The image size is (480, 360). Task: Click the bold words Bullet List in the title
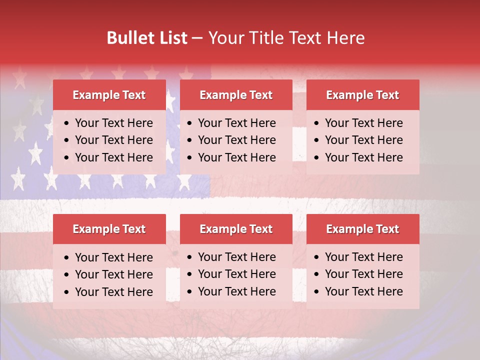click(147, 38)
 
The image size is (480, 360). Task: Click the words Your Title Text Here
click(286, 38)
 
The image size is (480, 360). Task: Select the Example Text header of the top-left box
click(109, 95)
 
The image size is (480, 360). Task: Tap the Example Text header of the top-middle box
click(236, 95)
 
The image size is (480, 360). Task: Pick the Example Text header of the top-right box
click(362, 95)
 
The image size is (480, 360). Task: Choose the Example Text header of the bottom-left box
click(109, 229)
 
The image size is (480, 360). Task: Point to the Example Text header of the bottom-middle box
click(236, 229)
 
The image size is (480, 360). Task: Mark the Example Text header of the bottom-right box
click(362, 229)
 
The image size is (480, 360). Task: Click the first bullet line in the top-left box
click(113, 123)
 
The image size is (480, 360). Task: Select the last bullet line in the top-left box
click(113, 157)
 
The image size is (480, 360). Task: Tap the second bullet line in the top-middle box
click(236, 140)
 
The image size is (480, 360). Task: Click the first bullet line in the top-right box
click(363, 123)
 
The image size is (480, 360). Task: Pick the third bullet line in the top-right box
click(363, 157)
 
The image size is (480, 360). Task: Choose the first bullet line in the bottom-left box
click(113, 257)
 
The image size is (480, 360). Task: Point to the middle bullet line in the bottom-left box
click(113, 274)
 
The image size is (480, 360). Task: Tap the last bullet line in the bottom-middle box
click(236, 291)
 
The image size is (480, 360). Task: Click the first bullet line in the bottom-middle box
click(236, 257)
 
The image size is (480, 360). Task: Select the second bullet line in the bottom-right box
click(363, 274)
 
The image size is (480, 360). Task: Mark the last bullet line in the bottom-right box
click(363, 291)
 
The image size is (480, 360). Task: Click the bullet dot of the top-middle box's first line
click(190, 123)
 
